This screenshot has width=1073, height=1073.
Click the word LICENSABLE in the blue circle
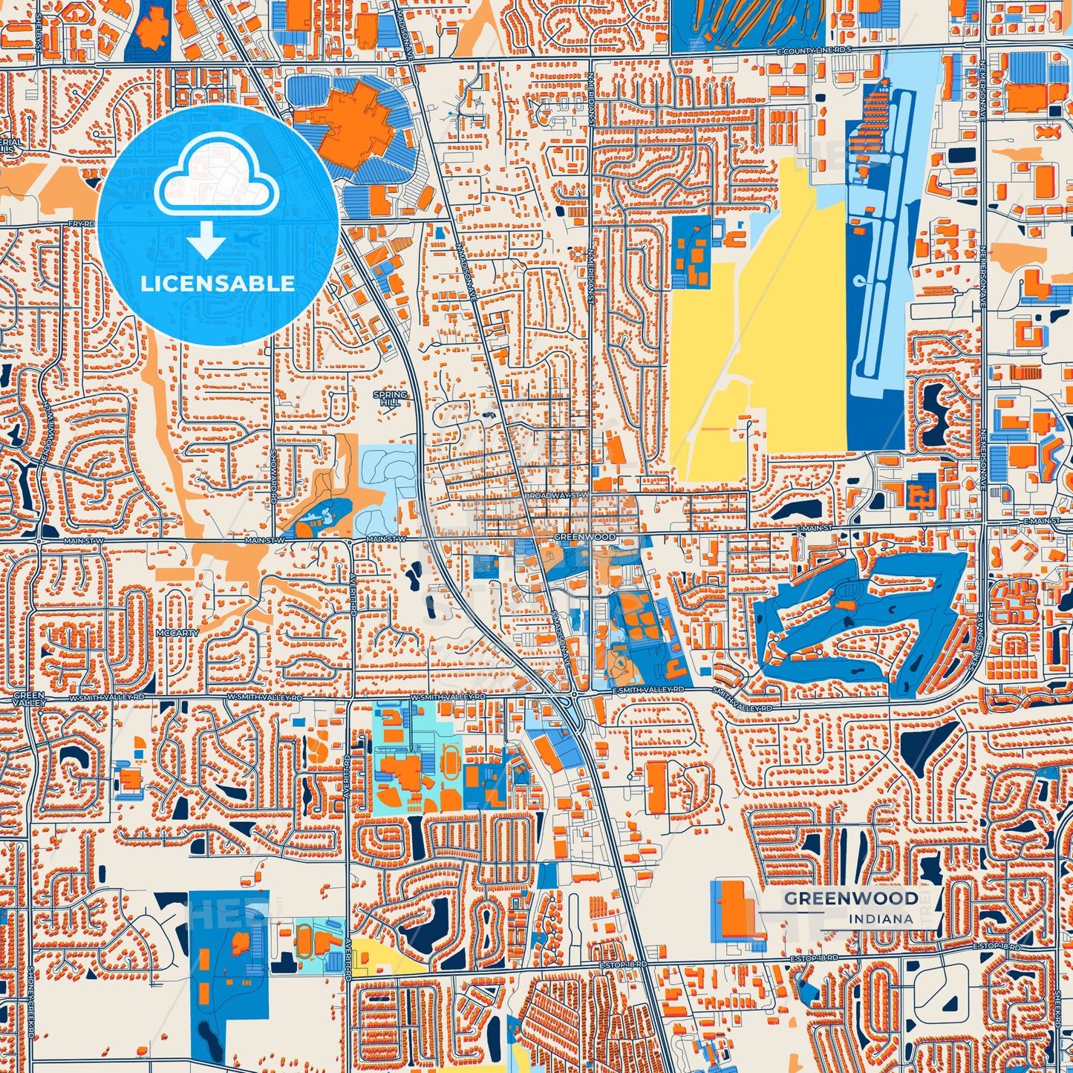[x=218, y=284]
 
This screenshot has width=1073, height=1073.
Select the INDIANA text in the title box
[x=881, y=919]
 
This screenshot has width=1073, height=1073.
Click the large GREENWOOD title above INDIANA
[x=851, y=898]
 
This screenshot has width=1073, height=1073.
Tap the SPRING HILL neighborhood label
[x=390, y=397]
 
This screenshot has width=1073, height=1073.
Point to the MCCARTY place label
[x=177, y=633]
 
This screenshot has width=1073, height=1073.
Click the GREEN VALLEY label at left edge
[x=29, y=699]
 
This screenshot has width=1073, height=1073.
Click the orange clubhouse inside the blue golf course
[x=844, y=604]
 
